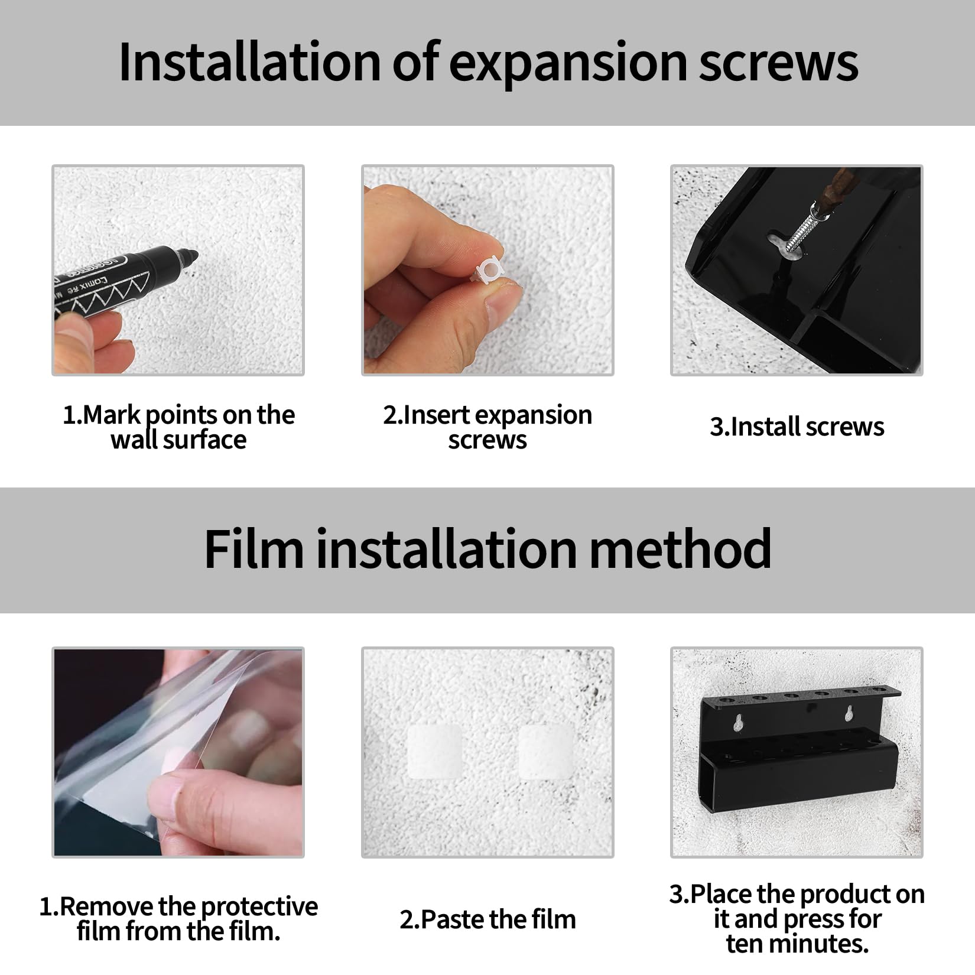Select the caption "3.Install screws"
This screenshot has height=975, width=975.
pos(797,427)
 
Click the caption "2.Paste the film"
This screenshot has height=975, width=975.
pos(487,919)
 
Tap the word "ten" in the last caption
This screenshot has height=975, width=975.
pos(746,944)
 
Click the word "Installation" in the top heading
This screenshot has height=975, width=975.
pos(250,62)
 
